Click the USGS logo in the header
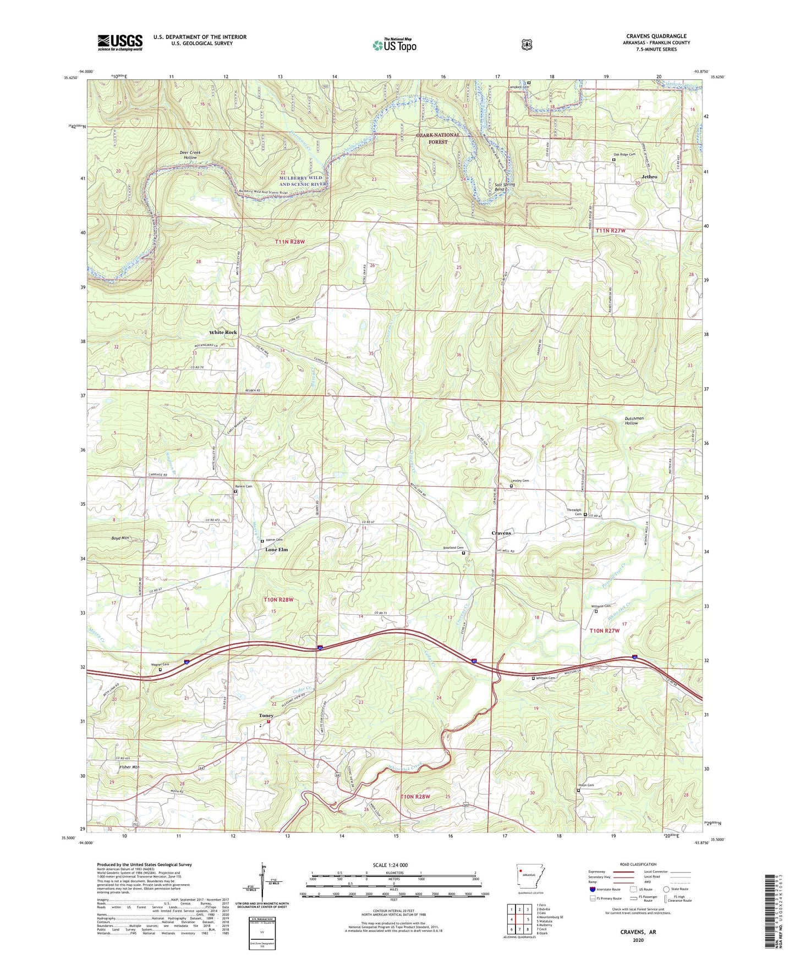tap(120, 42)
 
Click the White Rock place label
tap(223, 333)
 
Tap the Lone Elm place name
tap(276, 549)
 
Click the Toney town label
tap(266, 715)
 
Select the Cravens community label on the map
tap(501, 533)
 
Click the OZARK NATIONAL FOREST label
tap(438, 139)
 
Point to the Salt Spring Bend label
tap(505, 186)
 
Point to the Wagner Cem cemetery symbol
tap(161, 670)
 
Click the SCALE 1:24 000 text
tap(390, 865)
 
